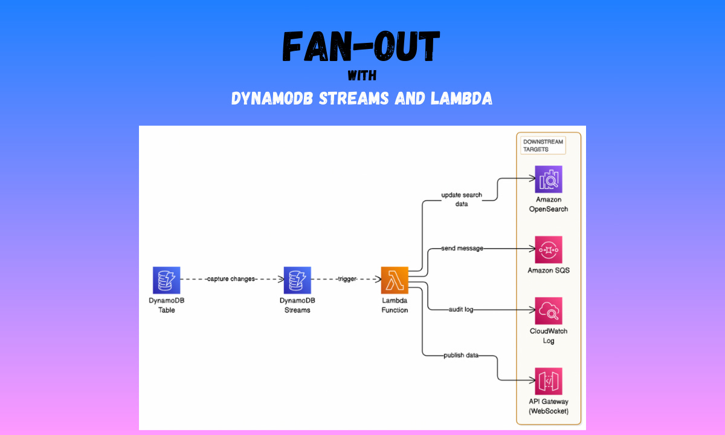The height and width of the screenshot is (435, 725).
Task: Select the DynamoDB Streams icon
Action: click(x=297, y=280)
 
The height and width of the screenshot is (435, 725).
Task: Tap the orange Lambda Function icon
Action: click(x=395, y=280)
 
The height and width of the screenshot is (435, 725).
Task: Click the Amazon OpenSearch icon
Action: click(x=548, y=179)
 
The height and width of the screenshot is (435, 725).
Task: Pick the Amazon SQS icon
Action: click(x=548, y=250)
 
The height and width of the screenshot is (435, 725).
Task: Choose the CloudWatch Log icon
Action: click(x=548, y=311)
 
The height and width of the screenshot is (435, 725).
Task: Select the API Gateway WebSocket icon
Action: click(x=548, y=381)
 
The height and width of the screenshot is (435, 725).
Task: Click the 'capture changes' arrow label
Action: click(x=231, y=279)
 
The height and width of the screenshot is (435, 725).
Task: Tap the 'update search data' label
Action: click(x=462, y=199)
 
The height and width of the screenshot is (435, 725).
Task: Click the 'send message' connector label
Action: click(x=462, y=248)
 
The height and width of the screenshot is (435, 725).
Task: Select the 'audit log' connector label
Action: click(x=460, y=309)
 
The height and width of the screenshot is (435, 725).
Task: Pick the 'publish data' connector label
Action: click(x=460, y=355)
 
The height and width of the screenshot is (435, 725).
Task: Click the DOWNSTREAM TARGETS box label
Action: click(x=543, y=145)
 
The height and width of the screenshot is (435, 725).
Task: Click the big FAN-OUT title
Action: click(x=361, y=48)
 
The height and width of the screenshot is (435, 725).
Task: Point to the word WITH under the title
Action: click(x=362, y=77)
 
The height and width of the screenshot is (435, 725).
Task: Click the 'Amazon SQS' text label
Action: click(x=548, y=271)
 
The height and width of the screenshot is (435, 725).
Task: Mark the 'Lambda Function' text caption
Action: click(x=395, y=305)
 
